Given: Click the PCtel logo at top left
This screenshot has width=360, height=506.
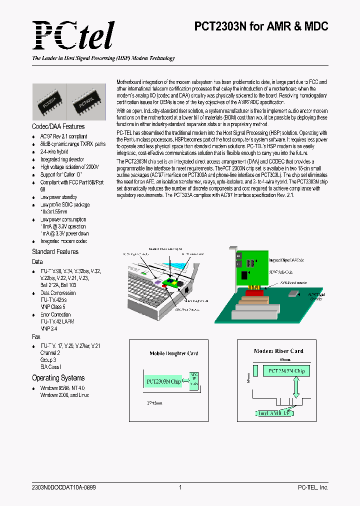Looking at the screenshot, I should coord(73,35).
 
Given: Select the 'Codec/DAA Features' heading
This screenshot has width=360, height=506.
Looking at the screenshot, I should coord(58,126).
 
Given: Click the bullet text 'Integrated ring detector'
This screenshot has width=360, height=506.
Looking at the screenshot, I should coord(63,159).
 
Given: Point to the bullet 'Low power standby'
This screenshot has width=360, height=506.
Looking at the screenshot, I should coord(59,197).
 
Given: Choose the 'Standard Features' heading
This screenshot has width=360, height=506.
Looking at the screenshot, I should coord(55,251).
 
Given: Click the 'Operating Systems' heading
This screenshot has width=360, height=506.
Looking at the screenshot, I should coord(58,378).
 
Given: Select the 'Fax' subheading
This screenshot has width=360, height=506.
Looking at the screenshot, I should coord(36,337).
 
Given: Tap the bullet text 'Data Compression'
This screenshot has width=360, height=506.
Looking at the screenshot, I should coord(58,293).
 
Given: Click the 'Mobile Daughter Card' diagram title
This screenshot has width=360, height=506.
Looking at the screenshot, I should coord(173,353).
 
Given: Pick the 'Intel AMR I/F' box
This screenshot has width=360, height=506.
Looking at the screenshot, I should coord(273,413).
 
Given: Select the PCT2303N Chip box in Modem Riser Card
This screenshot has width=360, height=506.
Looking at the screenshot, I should coord(286,371).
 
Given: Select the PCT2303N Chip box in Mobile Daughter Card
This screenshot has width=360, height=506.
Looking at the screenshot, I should coord(163,381).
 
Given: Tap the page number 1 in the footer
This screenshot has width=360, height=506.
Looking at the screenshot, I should coord(179,487).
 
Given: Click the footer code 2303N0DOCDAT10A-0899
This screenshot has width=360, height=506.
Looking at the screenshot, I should coord(63,487).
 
